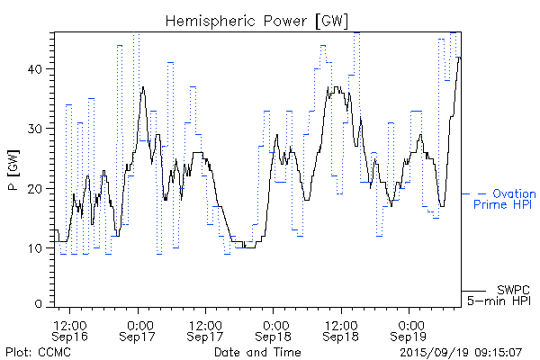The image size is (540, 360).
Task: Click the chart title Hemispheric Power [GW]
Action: tap(257, 21)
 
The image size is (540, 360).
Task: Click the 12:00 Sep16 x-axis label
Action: tap(70, 329)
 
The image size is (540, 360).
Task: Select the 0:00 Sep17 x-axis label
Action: tap(139, 329)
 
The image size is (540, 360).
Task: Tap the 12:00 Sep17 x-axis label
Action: tap(206, 329)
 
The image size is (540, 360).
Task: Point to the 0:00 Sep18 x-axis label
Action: tap(274, 329)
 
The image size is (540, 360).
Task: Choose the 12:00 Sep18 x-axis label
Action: tap(342, 329)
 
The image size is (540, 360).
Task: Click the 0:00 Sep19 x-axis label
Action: tap(410, 329)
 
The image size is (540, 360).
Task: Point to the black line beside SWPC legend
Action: tap(473, 290)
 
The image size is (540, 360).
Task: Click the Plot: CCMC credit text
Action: tap(38, 351)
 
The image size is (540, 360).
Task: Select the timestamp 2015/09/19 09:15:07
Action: tap(462, 351)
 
